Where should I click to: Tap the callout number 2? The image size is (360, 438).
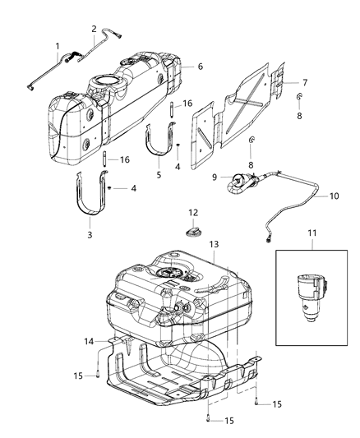(94, 29)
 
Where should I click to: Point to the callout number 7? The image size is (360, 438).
(304, 83)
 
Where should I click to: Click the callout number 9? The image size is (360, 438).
(192, 177)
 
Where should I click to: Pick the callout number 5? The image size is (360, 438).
(158, 175)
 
